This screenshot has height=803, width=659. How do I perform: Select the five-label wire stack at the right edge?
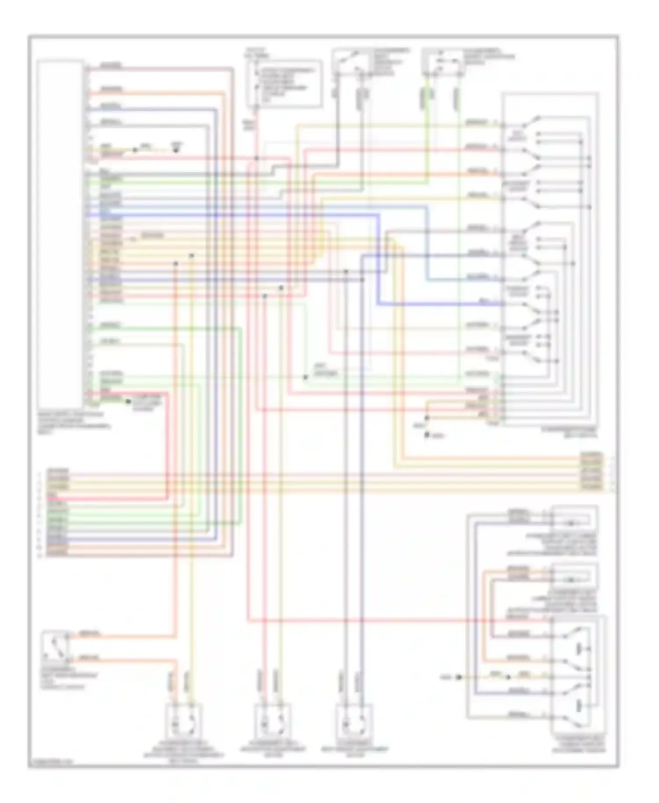592,471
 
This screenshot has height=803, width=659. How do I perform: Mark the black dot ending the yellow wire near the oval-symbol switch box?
459,677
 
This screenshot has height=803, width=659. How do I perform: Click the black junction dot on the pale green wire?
305,377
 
